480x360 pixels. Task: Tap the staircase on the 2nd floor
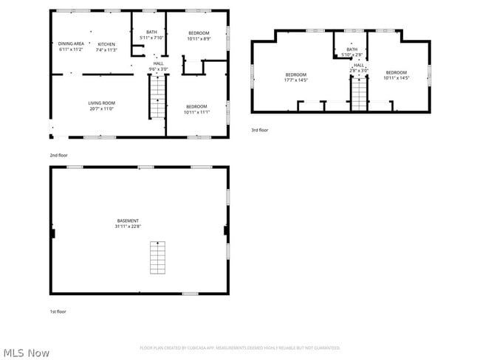[x=158, y=99]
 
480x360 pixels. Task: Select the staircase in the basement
[x=157, y=256]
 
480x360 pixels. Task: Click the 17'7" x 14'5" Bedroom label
[x=296, y=75]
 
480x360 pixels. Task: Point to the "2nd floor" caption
[x=58, y=156]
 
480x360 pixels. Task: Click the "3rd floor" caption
[x=259, y=129]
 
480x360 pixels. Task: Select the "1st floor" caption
[x=58, y=311]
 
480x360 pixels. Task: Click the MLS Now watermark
[x=25, y=353]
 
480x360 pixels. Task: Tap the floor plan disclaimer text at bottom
[x=240, y=347]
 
